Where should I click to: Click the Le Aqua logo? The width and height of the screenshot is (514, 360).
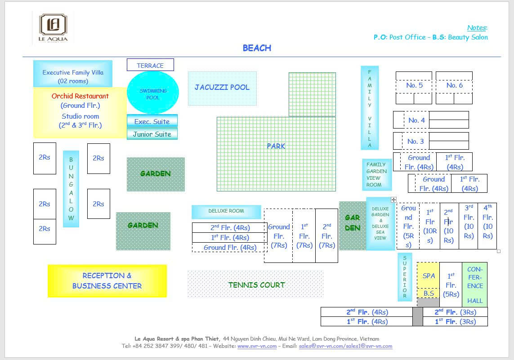[x=53, y=28]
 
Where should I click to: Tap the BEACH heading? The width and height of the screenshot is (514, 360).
[x=257, y=48]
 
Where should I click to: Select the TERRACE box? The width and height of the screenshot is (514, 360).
[x=150, y=65]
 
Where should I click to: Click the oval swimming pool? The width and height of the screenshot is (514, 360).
[x=153, y=93]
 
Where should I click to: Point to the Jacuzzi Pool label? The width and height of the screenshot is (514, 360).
[x=222, y=87]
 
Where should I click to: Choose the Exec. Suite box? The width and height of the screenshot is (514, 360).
[x=152, y=121]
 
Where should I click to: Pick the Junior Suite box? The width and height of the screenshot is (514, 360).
[x=152, y=134]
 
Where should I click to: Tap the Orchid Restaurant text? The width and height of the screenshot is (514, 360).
[x=80, y=96]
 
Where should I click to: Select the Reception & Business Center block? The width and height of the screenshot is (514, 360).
[x=107, y=281]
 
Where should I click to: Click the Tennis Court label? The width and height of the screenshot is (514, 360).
[x=256, y=284]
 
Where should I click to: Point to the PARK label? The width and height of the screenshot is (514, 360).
[x=276, y=146]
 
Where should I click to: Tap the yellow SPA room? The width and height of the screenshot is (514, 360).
[x=429, y=276]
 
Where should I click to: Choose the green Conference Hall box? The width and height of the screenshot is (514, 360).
[x=475, y=284]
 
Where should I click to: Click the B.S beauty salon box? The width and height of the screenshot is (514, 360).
[x=429, y=293]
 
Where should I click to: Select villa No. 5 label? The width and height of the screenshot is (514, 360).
[x=414, y=85]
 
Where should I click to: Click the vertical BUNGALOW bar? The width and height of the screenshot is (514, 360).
[x=71, y=188]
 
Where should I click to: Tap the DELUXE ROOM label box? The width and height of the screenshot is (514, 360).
[x=226, y=211]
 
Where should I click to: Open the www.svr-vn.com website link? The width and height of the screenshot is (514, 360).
[x=257, y=346]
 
